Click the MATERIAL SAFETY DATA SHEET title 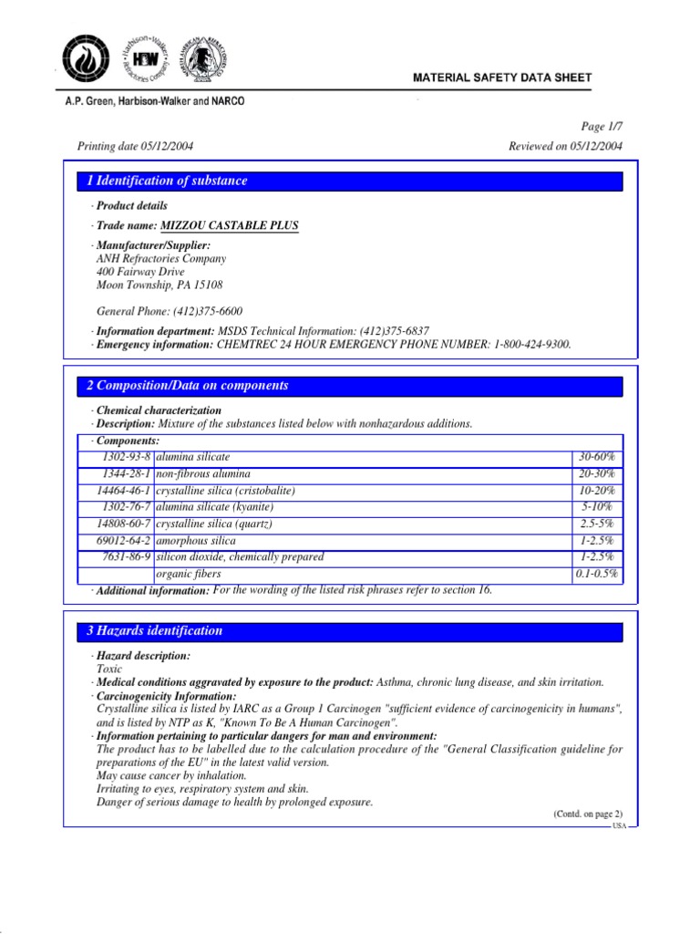point(517,78)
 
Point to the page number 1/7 point(602,129)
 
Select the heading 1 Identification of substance point(167,181)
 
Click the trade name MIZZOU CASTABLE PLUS point(229,224)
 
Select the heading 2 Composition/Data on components point(187,386)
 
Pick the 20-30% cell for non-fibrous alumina point(598,473)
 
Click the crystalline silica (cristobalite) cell point(226,491)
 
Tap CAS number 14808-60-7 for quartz point(123,524)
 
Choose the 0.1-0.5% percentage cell point(597,575)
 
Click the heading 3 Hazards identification point(154,630)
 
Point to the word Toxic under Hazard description point(109,669)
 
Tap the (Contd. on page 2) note point(587,814)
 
